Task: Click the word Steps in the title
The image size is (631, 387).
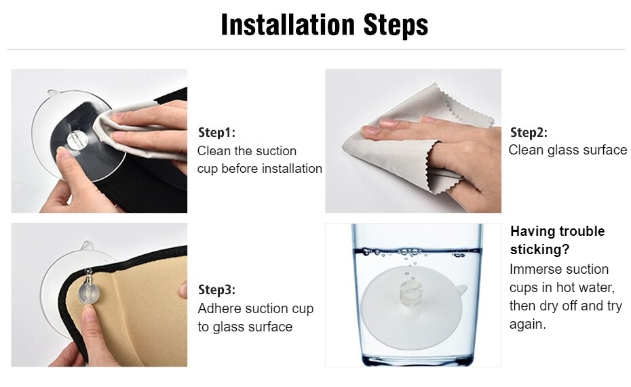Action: tap(396, 25)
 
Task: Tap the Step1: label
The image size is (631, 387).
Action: tap(216, 132)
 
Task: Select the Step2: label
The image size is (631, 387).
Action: tap(529, 132)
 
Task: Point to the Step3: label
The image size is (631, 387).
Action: tap(216, 290)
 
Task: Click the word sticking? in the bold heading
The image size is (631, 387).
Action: tap(540, 249)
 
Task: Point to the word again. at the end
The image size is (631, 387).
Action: tap(528, 325)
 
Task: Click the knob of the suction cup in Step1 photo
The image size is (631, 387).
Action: tap(75, 140)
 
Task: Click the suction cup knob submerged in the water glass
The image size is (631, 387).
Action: tap(408, 291)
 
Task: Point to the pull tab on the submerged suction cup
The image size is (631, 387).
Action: tap(461, 289)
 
